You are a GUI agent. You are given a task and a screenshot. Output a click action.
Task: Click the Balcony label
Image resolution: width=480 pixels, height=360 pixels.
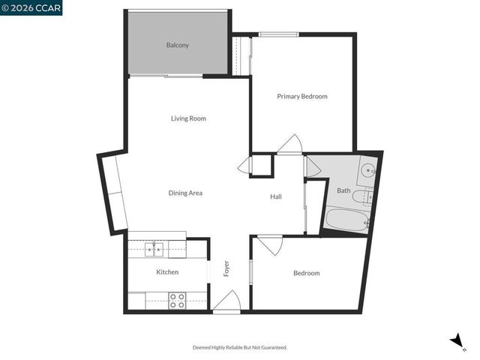coord(178,45)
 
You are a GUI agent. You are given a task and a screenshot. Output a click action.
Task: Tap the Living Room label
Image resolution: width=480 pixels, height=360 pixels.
coord(188,118)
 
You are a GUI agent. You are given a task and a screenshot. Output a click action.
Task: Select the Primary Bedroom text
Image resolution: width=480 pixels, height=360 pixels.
coord(302,97)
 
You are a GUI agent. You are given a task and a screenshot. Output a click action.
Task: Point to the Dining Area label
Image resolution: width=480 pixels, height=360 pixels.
coord(185,193)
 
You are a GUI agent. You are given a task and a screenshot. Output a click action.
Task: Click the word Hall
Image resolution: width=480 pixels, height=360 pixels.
coord(276,197)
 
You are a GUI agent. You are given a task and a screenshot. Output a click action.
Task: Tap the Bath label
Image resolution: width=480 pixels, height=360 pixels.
coord(343,190)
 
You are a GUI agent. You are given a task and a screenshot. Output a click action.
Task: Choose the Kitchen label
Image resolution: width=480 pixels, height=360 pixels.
coord(167,272)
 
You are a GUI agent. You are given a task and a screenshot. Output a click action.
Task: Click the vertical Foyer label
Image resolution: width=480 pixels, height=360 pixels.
coord(226,268)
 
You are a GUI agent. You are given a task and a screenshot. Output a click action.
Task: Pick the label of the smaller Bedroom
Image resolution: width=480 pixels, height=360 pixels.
coord(306,273)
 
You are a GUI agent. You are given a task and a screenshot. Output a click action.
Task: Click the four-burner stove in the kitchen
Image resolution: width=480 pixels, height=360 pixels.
coord(177,301)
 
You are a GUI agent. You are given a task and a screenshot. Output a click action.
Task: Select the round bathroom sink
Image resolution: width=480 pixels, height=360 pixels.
coord(367,170)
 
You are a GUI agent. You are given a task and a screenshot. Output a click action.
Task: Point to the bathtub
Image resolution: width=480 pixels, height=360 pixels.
coord(346,220)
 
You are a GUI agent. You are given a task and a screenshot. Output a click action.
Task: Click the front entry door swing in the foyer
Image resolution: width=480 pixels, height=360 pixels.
coord(226,301)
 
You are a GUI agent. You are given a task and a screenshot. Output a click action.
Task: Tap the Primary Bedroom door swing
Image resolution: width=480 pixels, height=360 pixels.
coord(289,145)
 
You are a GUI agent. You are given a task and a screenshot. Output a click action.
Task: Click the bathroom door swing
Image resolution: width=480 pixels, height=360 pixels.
coord(313,166)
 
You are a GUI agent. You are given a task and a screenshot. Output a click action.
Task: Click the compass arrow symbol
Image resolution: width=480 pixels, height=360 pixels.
coord(456,341)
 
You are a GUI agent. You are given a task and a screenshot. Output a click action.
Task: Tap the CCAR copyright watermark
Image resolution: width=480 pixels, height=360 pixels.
coord(31,7)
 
